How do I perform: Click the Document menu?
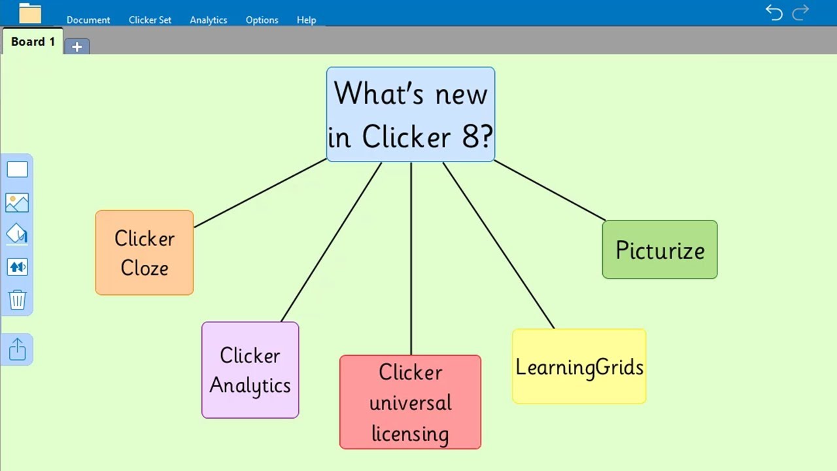88,20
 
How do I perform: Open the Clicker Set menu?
150,20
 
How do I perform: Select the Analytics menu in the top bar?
209,20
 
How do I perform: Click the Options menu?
262,20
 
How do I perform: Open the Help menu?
306,20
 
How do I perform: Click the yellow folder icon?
30,13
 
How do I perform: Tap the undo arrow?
774,12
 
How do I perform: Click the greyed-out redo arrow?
800,12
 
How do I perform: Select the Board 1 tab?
33,42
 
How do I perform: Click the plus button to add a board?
77,46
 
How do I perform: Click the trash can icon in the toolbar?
17,300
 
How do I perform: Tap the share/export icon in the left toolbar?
17,349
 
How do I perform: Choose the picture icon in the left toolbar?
17,203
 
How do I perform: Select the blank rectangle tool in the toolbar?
17,169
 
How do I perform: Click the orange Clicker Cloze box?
145,253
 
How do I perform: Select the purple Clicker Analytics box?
250,370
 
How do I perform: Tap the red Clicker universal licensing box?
410,402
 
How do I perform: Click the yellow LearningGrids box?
579,366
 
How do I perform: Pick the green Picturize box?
659,250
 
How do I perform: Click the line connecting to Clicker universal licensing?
411,262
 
